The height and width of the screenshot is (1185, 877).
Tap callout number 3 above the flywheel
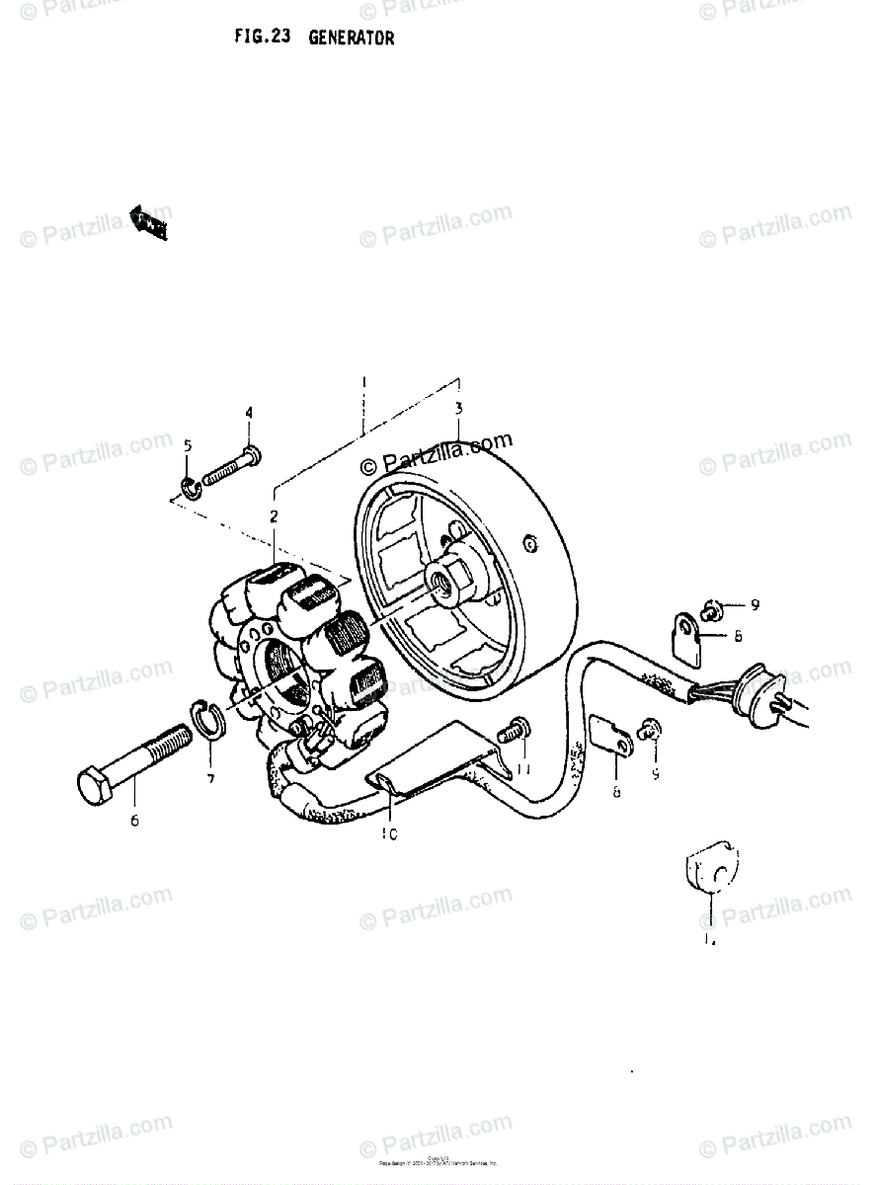tap(458, 409)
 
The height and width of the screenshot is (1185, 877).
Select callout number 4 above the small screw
tap(249, 412)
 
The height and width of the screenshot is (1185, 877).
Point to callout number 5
tap(188, 446)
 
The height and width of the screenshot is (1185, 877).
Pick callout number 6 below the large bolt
tap(134, 820)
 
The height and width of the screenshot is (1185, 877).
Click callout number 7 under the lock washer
tap(209, 779)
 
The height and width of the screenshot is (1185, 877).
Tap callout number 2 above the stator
tap(274, 515)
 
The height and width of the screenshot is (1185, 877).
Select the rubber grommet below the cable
tap(708, 871)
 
